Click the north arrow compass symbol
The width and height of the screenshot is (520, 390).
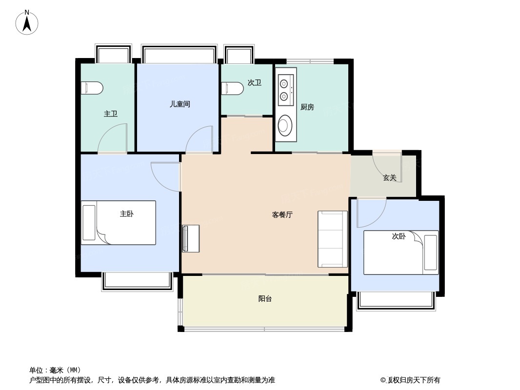[x=27, y=22]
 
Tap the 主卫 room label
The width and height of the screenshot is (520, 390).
[x=110, y=114]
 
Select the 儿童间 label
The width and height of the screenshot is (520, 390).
[x=180, y=104]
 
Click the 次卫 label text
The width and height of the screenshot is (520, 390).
[x=254, y=82]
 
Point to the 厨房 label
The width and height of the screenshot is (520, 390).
[x=307, y=107]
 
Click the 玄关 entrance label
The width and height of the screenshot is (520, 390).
[x=390, y=177]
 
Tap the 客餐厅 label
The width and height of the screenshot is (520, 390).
[x=282, y=214]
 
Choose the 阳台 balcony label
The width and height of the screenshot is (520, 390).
[x=265, y=298]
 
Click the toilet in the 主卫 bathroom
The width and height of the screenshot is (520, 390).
[x=92, y=88]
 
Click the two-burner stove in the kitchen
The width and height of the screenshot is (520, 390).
[x=285, y=90]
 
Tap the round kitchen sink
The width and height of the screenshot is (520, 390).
[x=284, y=125]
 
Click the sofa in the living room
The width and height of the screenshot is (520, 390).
[x=333, y=239]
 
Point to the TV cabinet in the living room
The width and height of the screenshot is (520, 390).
[x=191, y=238]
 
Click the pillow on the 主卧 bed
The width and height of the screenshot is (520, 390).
[x=89, y=223]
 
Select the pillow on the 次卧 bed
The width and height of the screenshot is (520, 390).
[x=430, y=253]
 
